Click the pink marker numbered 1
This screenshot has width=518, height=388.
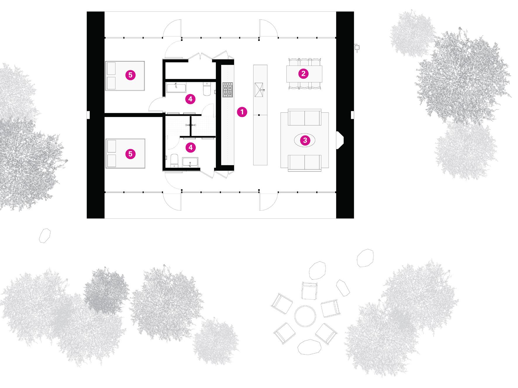coord(242,112)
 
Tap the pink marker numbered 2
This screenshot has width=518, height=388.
coord(303,74)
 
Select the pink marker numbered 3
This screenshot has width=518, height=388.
coord(305,140)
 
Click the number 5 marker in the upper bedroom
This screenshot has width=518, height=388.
coord(130,75)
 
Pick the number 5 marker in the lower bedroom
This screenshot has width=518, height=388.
coord(130,154)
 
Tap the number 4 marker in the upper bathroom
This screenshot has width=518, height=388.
coord(190,99)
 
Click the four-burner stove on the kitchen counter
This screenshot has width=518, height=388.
coord(228,90)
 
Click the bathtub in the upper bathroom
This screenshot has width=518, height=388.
coord(176,87)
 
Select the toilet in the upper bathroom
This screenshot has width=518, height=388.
coord(206,89)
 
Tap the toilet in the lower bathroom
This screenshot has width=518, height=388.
coord(175,161)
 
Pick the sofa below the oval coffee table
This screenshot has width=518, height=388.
coord(304,163)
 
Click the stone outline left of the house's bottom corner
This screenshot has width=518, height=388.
coord(45,235)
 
